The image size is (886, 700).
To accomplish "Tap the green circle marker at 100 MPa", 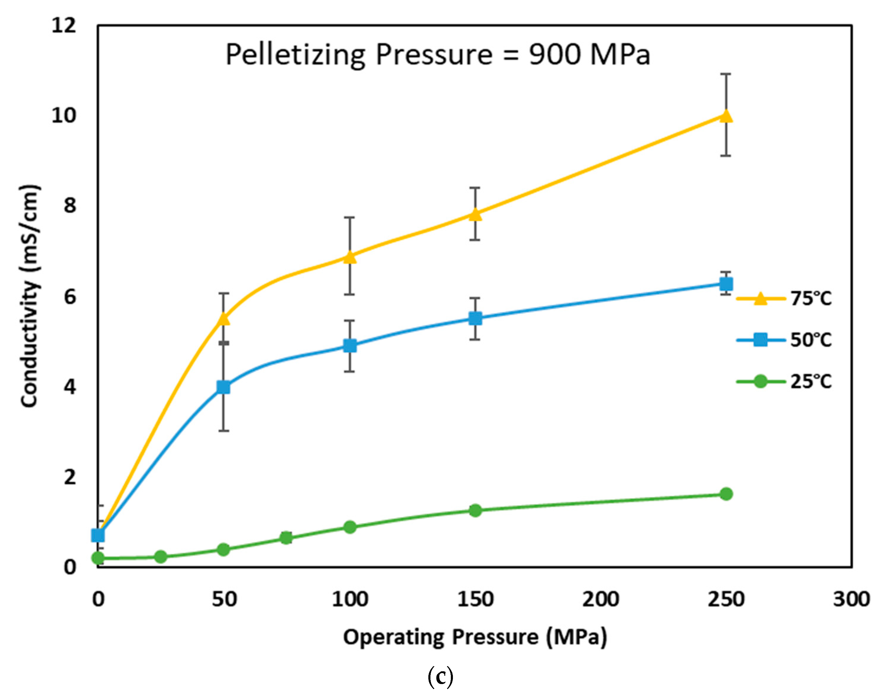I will tap(349, 527).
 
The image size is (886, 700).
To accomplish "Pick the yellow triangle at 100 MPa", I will tap(349, 257).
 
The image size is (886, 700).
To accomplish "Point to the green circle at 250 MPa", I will tap(726, 494).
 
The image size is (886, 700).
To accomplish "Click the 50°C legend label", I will tap(811, 340).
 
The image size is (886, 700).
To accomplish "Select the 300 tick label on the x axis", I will tap(851, 599).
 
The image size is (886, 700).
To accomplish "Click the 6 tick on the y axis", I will tap(70, 296).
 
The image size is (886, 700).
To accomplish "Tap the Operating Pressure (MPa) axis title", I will tap(475, 637).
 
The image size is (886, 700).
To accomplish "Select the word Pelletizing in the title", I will tap(295, 55).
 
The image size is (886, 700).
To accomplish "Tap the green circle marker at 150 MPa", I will tap(475, 510).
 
